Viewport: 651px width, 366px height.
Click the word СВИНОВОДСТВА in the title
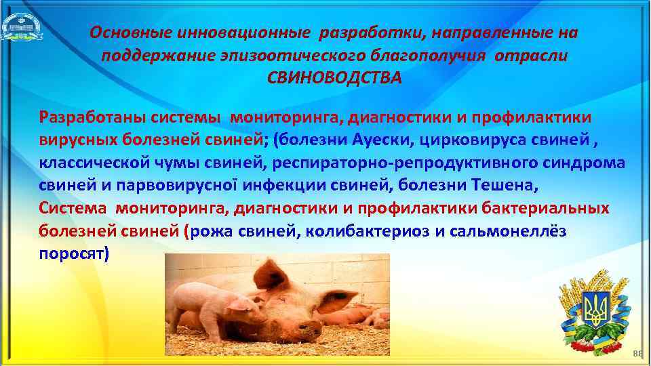click(x=334, y=77)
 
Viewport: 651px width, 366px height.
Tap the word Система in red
click(x=72, y=208)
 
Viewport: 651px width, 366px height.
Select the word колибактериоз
click(x=366, y=231)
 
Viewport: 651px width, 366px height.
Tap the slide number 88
click(x=636, y=354)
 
